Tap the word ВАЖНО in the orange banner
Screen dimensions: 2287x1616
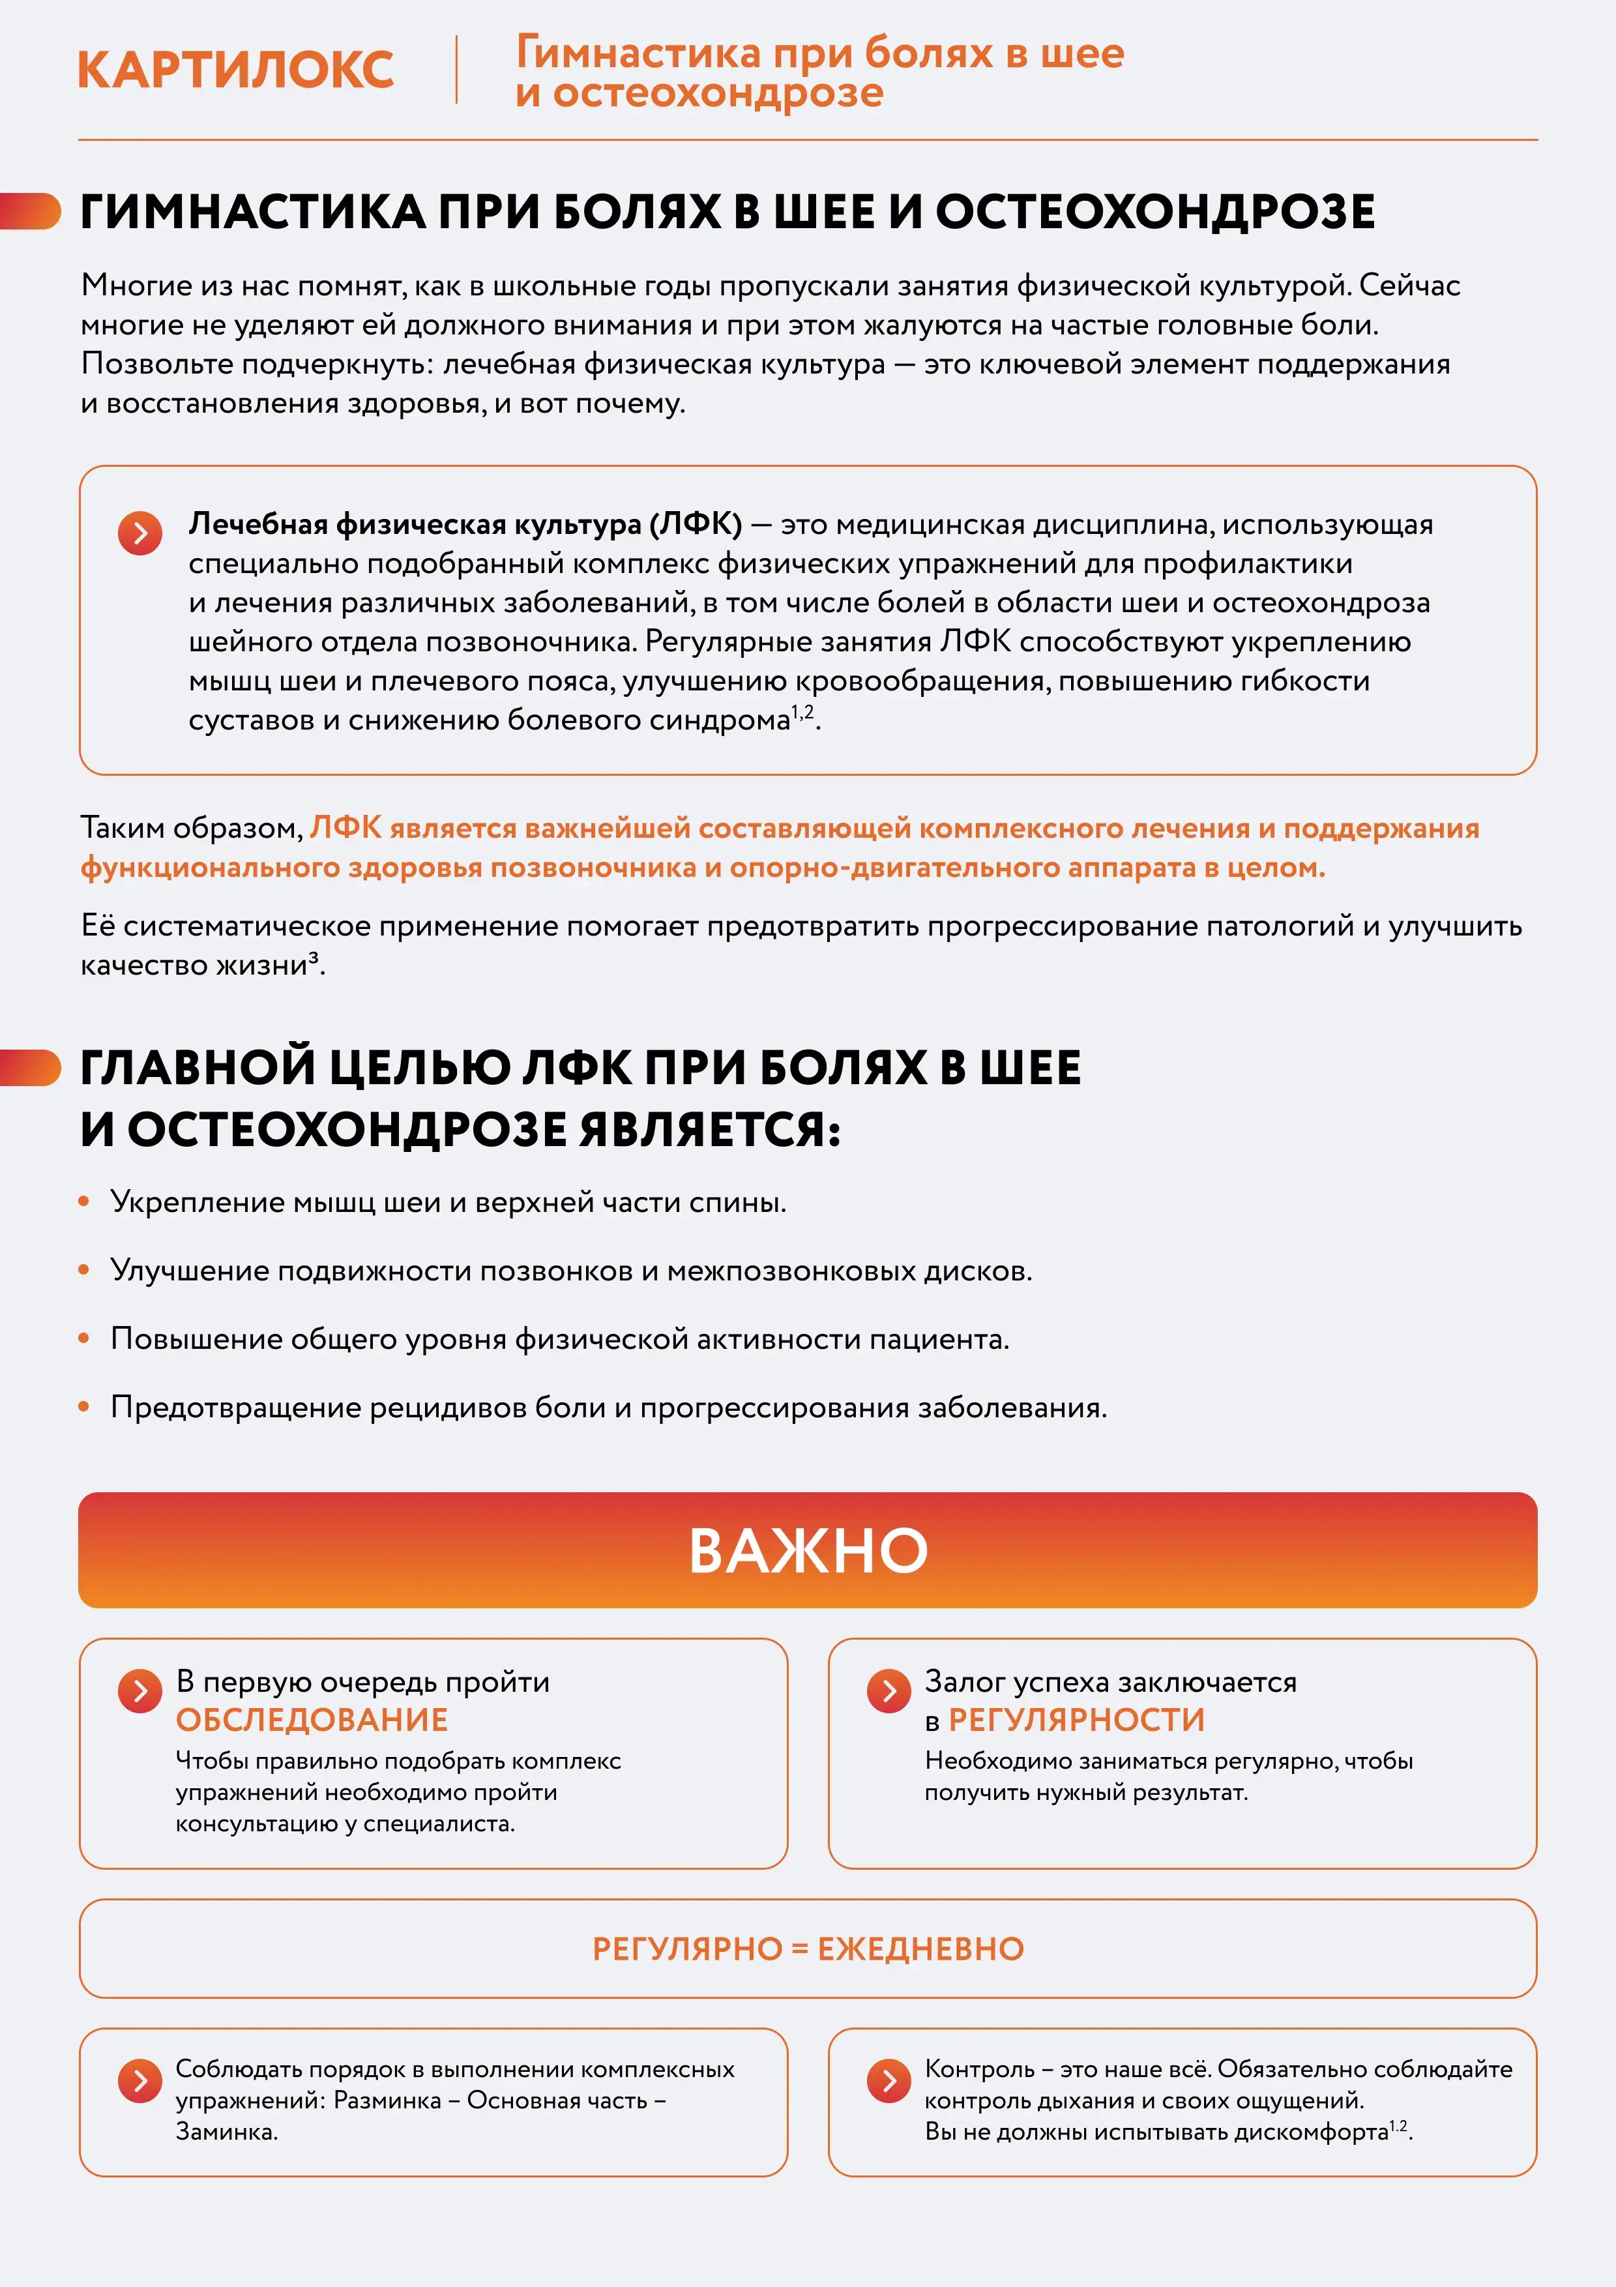808,1551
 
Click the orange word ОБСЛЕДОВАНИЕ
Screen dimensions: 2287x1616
312,1720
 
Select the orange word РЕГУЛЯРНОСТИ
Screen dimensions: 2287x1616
1076,1720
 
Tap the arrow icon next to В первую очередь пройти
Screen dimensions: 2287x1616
140,1690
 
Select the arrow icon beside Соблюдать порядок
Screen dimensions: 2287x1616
140,2080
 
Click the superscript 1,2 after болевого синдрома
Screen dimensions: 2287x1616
802,712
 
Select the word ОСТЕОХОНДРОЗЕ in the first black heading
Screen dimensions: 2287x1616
1155,212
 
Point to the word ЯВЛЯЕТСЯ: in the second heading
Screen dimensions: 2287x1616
710,1130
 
